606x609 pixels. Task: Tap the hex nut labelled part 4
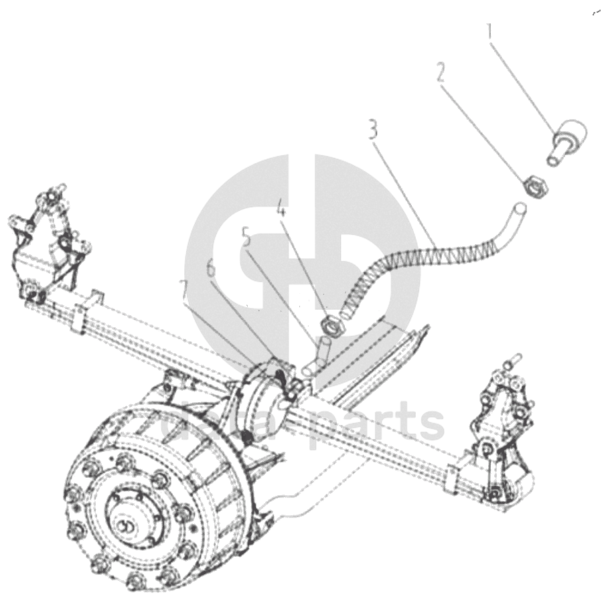click(x=331, y=327)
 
